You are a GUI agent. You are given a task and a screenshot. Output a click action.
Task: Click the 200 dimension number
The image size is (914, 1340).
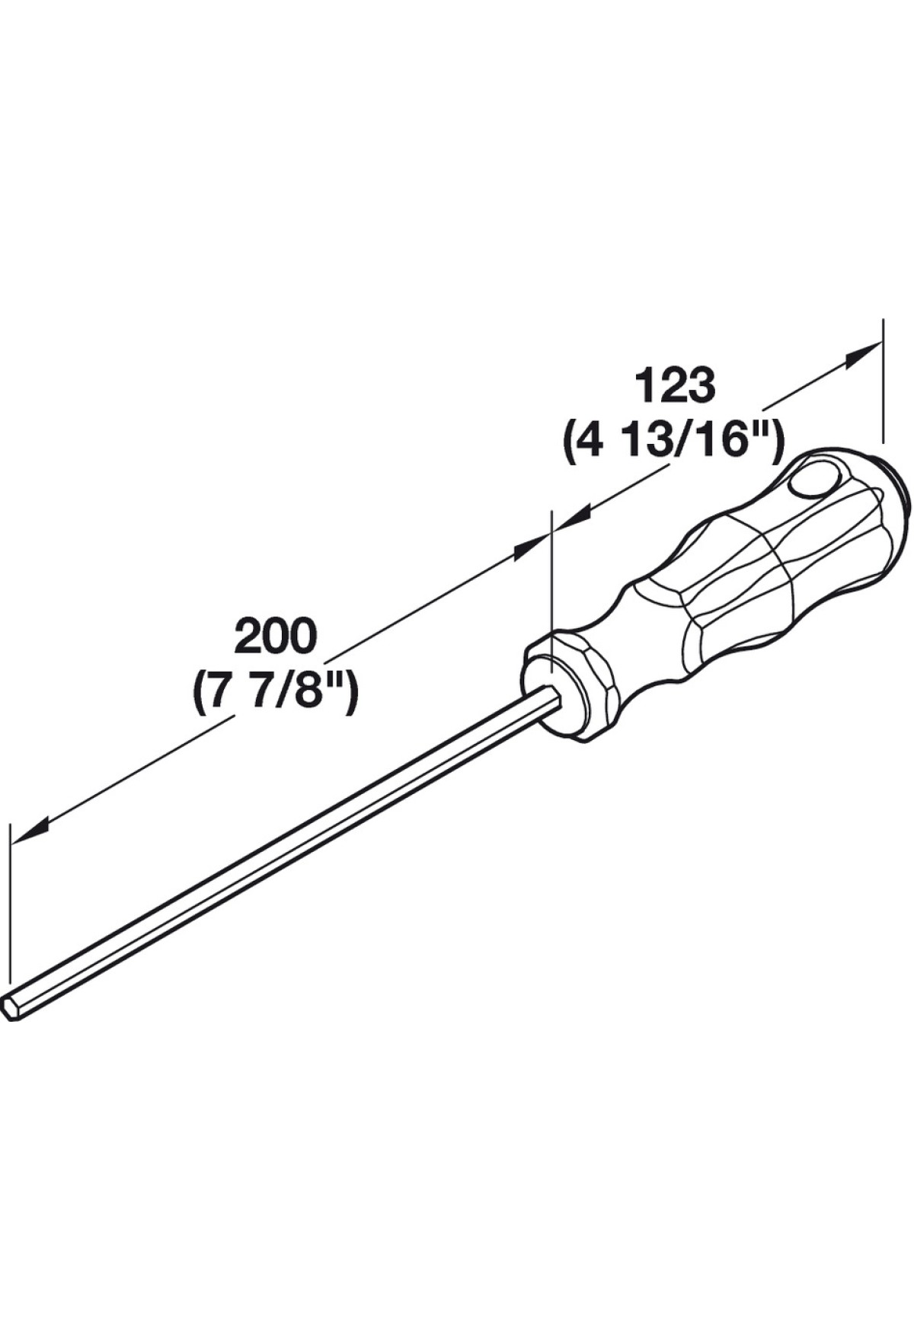tap(275, 636)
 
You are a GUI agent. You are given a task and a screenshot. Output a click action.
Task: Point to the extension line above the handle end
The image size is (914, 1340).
tap(883, 380)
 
